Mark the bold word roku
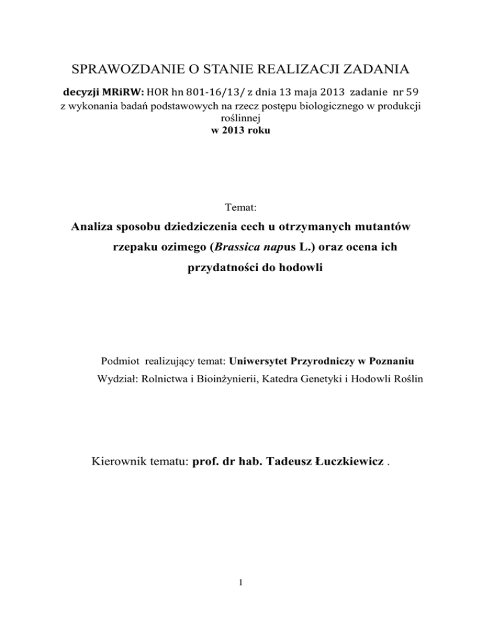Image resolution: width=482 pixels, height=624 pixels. click(257, 127)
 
